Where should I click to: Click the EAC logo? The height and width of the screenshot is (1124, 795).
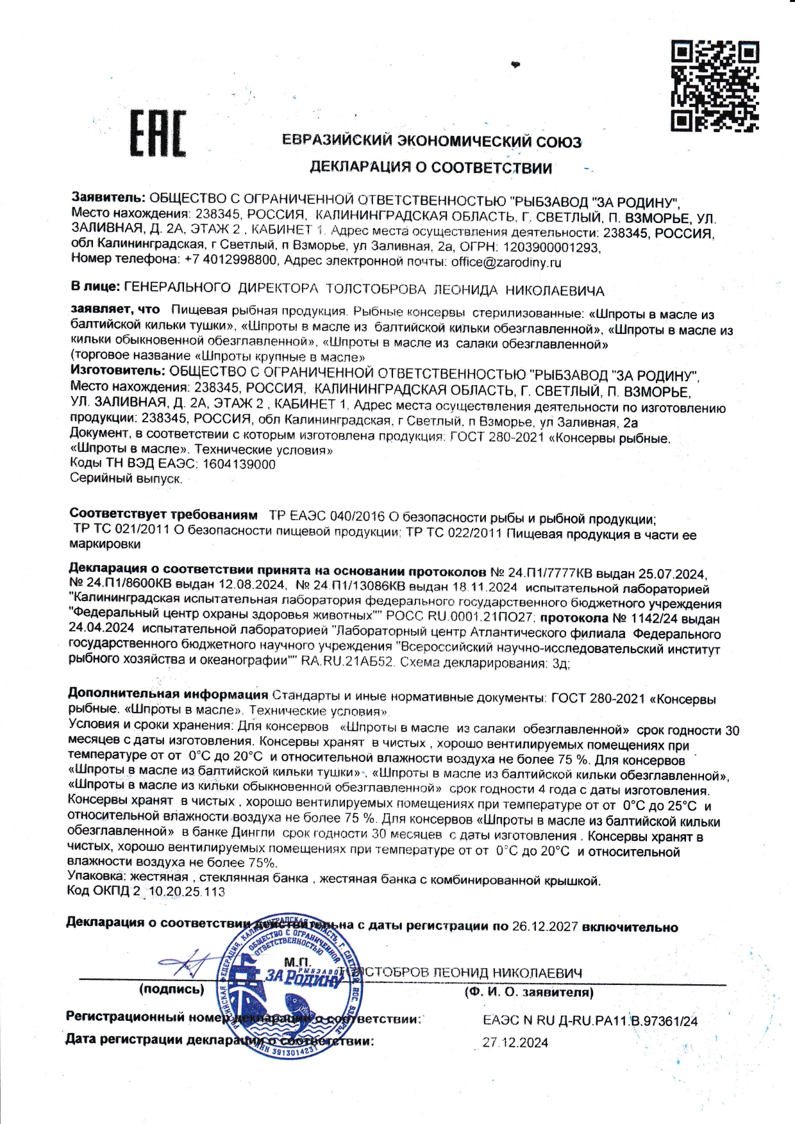click(158, 133)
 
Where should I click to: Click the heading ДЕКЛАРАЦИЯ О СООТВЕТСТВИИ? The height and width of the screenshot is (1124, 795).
click(431, 169)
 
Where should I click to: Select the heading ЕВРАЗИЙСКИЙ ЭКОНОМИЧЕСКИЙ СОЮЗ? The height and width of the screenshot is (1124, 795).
click(431, 141)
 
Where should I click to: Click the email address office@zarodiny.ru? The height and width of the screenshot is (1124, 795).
click(506, 262)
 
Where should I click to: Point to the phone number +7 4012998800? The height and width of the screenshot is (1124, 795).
click(231, 260)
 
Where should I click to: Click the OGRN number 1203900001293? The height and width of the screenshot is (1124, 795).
click(551, 247)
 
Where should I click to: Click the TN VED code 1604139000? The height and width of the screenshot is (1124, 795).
click(238, 465)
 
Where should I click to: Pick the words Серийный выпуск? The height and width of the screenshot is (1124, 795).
click(126, 479)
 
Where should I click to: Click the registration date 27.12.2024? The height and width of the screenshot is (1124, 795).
click(515, 1043)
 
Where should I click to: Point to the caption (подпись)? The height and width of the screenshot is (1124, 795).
click(171, 989)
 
